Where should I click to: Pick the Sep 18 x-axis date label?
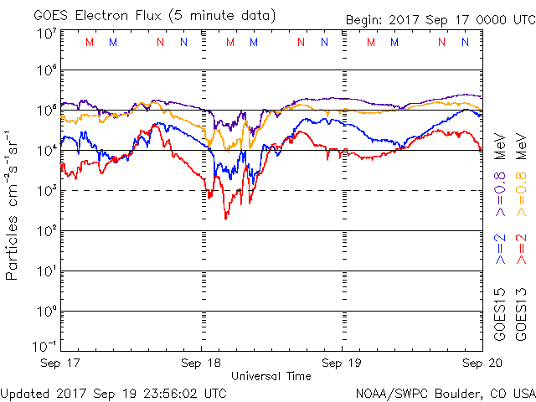pyautogui.click(x=201, y=363)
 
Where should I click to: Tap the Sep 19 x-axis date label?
pyautogui.click(x=341, y=363)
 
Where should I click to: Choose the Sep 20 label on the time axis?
pyautogui.click(x=482, y=363)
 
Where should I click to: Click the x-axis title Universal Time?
pyautogui.click(x=271, y=376)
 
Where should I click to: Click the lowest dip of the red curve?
pyautogui.click(x=226, y=219)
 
